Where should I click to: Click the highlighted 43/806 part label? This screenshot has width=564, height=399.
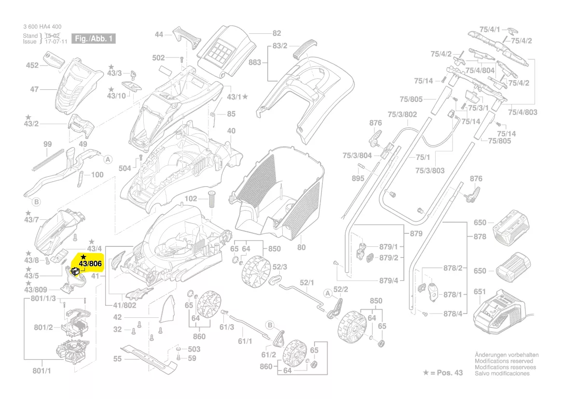pos(90,264)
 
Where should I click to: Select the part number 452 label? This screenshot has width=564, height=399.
pos(32,65)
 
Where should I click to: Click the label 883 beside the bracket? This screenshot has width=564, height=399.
pos(255,63)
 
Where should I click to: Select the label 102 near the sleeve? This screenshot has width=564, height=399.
pos(191,199)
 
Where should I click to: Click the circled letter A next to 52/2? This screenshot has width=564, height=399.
pos(328,293)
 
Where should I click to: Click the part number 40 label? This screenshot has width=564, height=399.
pos(231,131)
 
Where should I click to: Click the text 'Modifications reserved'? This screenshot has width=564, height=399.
pos(504,361)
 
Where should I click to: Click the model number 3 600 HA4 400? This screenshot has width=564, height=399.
pos(42,27)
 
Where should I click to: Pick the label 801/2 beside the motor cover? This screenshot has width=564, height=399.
pos(43,328)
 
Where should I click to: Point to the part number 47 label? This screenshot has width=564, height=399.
pos(34,89)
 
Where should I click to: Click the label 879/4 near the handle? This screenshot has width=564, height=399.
pos(389,280)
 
